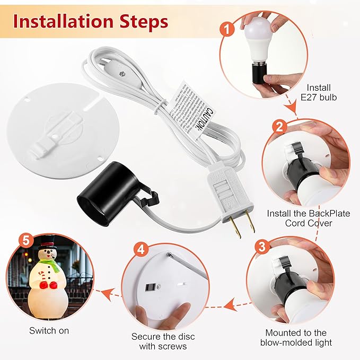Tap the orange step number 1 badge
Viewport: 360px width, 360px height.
point(227,29)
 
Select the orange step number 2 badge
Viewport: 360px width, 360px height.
point(279,127)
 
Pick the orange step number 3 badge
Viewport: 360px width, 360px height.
point(261,245)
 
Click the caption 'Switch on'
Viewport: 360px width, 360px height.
point(49,331)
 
